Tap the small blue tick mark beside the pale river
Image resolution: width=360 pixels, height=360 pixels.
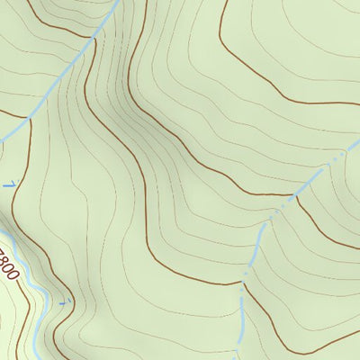coord(64,302)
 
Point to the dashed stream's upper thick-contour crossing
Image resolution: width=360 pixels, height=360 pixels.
coord(292,193)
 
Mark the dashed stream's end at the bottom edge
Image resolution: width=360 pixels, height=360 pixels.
coord(237,357)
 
